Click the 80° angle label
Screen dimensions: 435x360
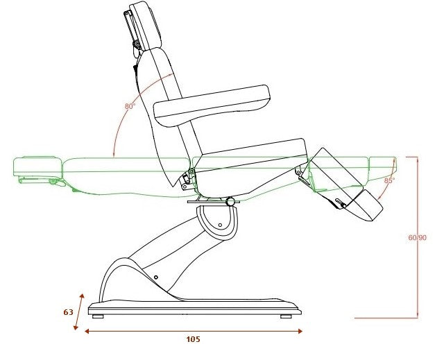click(x=130, y=106)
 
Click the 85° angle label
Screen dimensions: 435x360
click(x=389, y=180)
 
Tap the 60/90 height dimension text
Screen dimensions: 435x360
click(x=417, y=237)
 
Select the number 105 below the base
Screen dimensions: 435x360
click(x=193, y=339)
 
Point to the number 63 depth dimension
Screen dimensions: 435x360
click(x=68, y=312)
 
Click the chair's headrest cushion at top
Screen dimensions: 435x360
click(x=145, y=26)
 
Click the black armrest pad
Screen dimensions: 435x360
click(x=212, y=106)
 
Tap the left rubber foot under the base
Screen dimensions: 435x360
click(x=98, y=316)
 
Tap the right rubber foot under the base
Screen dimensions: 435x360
click(x=286, y=316)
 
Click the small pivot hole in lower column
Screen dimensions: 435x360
click(x=156, y=277)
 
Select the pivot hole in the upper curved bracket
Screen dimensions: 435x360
click(x=220, y=225)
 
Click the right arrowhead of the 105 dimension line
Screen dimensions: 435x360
click(x=300, y=331)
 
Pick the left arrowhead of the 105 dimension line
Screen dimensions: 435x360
click(x=87, y=331)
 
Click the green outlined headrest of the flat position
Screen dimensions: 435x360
click(x=37, y=166)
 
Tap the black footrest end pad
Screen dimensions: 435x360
click(x=366, y=205)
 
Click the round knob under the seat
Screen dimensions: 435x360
click(x=230, y=201)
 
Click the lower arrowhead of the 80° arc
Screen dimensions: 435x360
click(x=114, y=155)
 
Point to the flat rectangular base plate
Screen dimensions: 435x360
click(x=195, y=309)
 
